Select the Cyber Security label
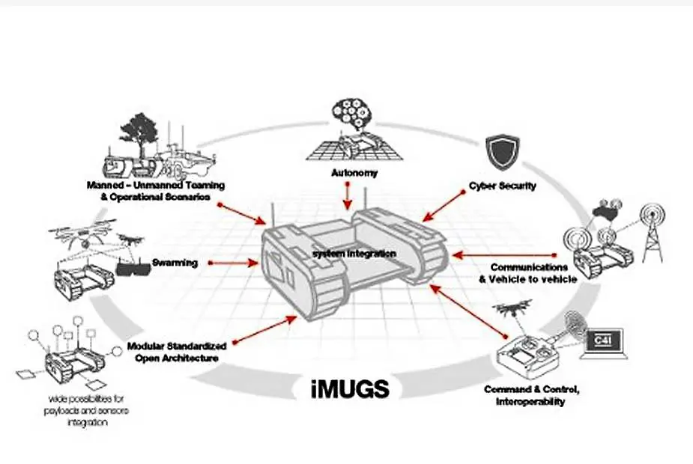pos(502,186)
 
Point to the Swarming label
pos(175,263)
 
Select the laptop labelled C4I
pos(605,344)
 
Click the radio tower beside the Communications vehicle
pos(650,225)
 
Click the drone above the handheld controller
pos(513,307)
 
